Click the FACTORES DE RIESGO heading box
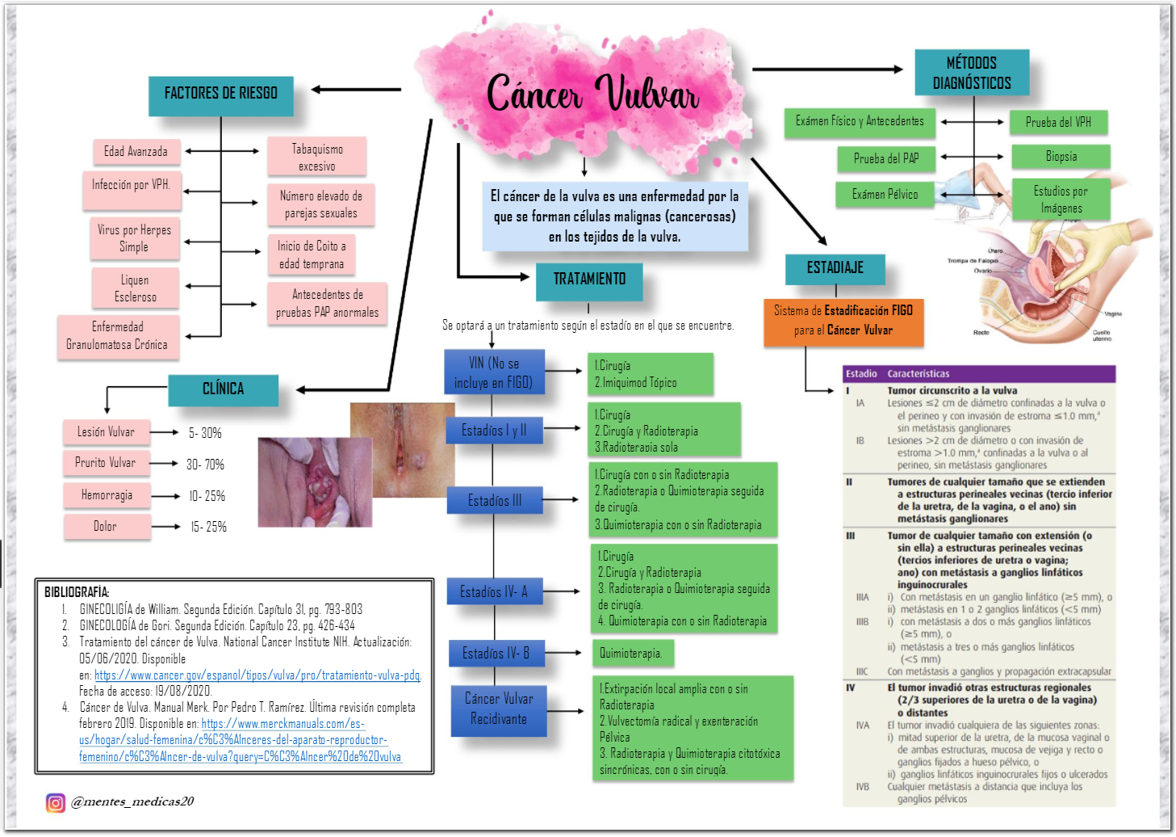click(220, 95)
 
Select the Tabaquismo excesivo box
click(317, 157)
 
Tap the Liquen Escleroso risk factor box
click(135, 288)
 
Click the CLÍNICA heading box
click(223, 389)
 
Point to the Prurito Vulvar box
click(106, 463)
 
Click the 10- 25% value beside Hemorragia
click(207, 496)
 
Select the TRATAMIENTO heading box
click(589, 280)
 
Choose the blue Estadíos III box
click(494, 501)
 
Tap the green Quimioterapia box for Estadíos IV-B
click(631, 653)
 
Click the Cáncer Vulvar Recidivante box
click(498, 709)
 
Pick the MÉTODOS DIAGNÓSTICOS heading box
click(972, 73)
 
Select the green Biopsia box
click(1061, 157)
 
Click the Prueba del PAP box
click(885, 158)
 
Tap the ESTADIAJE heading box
click(835, 268)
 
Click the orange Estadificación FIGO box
click(843, 321)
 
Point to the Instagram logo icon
click(55, 802)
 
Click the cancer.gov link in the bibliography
click(257, 675)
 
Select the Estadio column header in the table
click(861, 374)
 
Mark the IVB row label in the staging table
click(862, 787)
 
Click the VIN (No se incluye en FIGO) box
click(494, 372)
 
